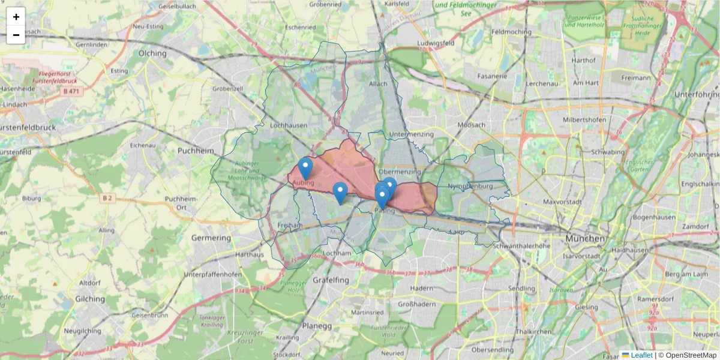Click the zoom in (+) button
click(x=16, y=17)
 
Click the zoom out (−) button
click(x=16, y=35)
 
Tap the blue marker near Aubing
click(x=305, y=169)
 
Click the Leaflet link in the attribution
click(x=641, y=355)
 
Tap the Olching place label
click(x=152, y=53)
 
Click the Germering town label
click(x=211, y=238)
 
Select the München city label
click(x=586, y=239)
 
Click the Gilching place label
click(x=91, y=298)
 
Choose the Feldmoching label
click(x=511, y=31)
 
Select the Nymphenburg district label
click(x=470, y=186)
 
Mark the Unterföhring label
click(x=697, y=95)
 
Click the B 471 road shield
click(x=71, y=91)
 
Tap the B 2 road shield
click(x=107, y=197)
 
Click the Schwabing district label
click(x=608, y=152)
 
